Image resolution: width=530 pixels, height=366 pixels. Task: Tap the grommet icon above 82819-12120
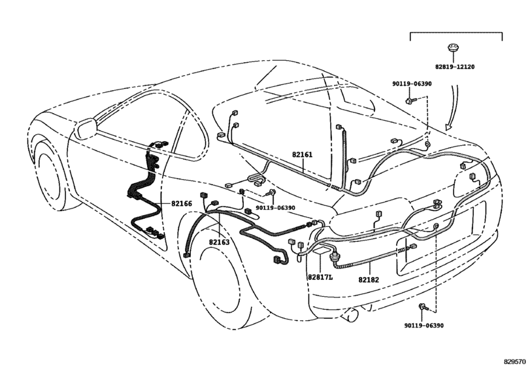[452, 48]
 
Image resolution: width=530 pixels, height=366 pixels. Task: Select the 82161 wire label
[302, 155]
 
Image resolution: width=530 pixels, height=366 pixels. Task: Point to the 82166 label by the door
[182, 203]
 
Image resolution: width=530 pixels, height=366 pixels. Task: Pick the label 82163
[219, 242]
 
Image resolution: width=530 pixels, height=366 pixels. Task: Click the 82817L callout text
[320, 276]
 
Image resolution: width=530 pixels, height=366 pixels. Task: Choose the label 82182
[369, 280]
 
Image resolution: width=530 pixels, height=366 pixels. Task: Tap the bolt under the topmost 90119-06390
[409, 101]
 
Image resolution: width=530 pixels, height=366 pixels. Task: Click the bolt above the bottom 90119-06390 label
[423, 306]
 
